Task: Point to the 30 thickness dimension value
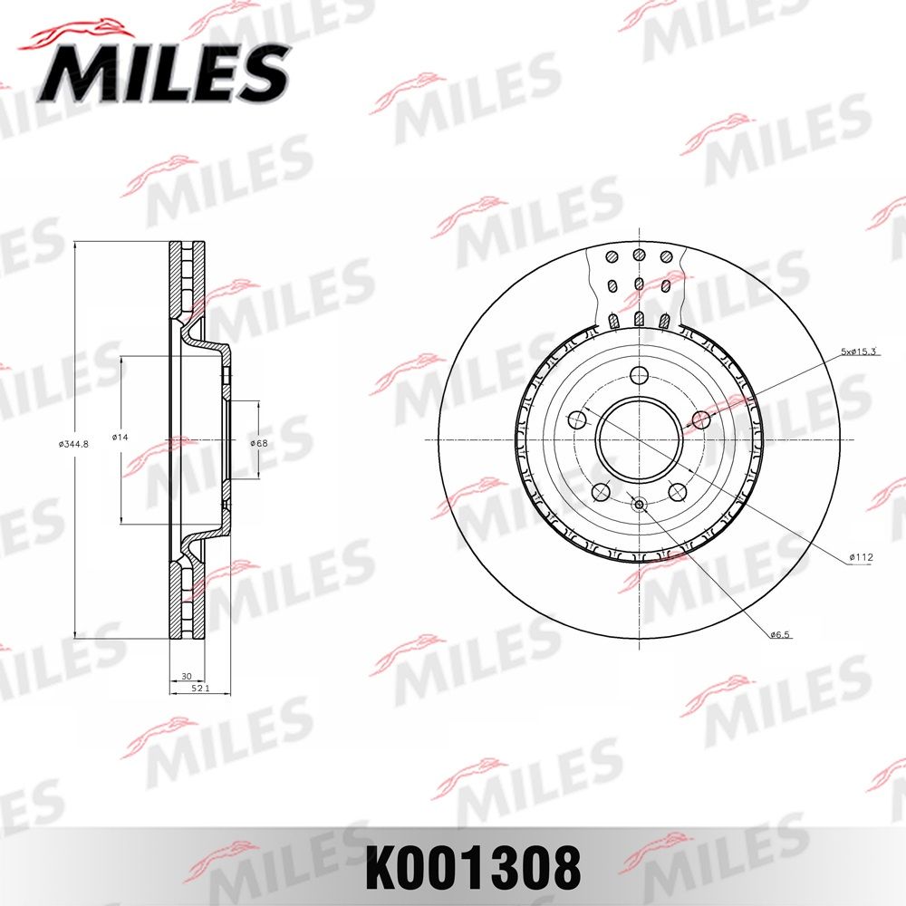(x=186, y=677)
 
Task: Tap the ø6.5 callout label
(x=781, y=635)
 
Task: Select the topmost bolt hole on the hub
(x=640, y=376)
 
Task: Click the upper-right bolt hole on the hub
(x=700, y=419)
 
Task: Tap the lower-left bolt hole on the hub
(x=601, y=491)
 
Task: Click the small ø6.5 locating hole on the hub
(x=639, y=505)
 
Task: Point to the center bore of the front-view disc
(x=639, y=440)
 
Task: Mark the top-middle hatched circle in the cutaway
(x=639, y=256)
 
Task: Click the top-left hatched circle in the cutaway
(x=612, y=256)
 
